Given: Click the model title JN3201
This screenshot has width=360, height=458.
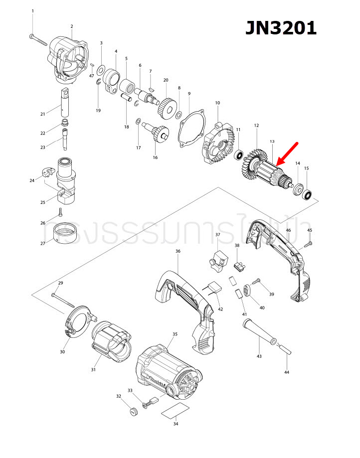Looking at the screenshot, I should tap(281, 28).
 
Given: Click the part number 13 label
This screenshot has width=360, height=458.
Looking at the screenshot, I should tap(272, 142).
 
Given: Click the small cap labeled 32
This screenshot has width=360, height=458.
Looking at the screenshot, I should tap(132, 411).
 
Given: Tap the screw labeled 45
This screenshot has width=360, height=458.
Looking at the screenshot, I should tap(307, 243).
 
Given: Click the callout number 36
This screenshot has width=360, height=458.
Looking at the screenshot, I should tap(178, 252).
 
